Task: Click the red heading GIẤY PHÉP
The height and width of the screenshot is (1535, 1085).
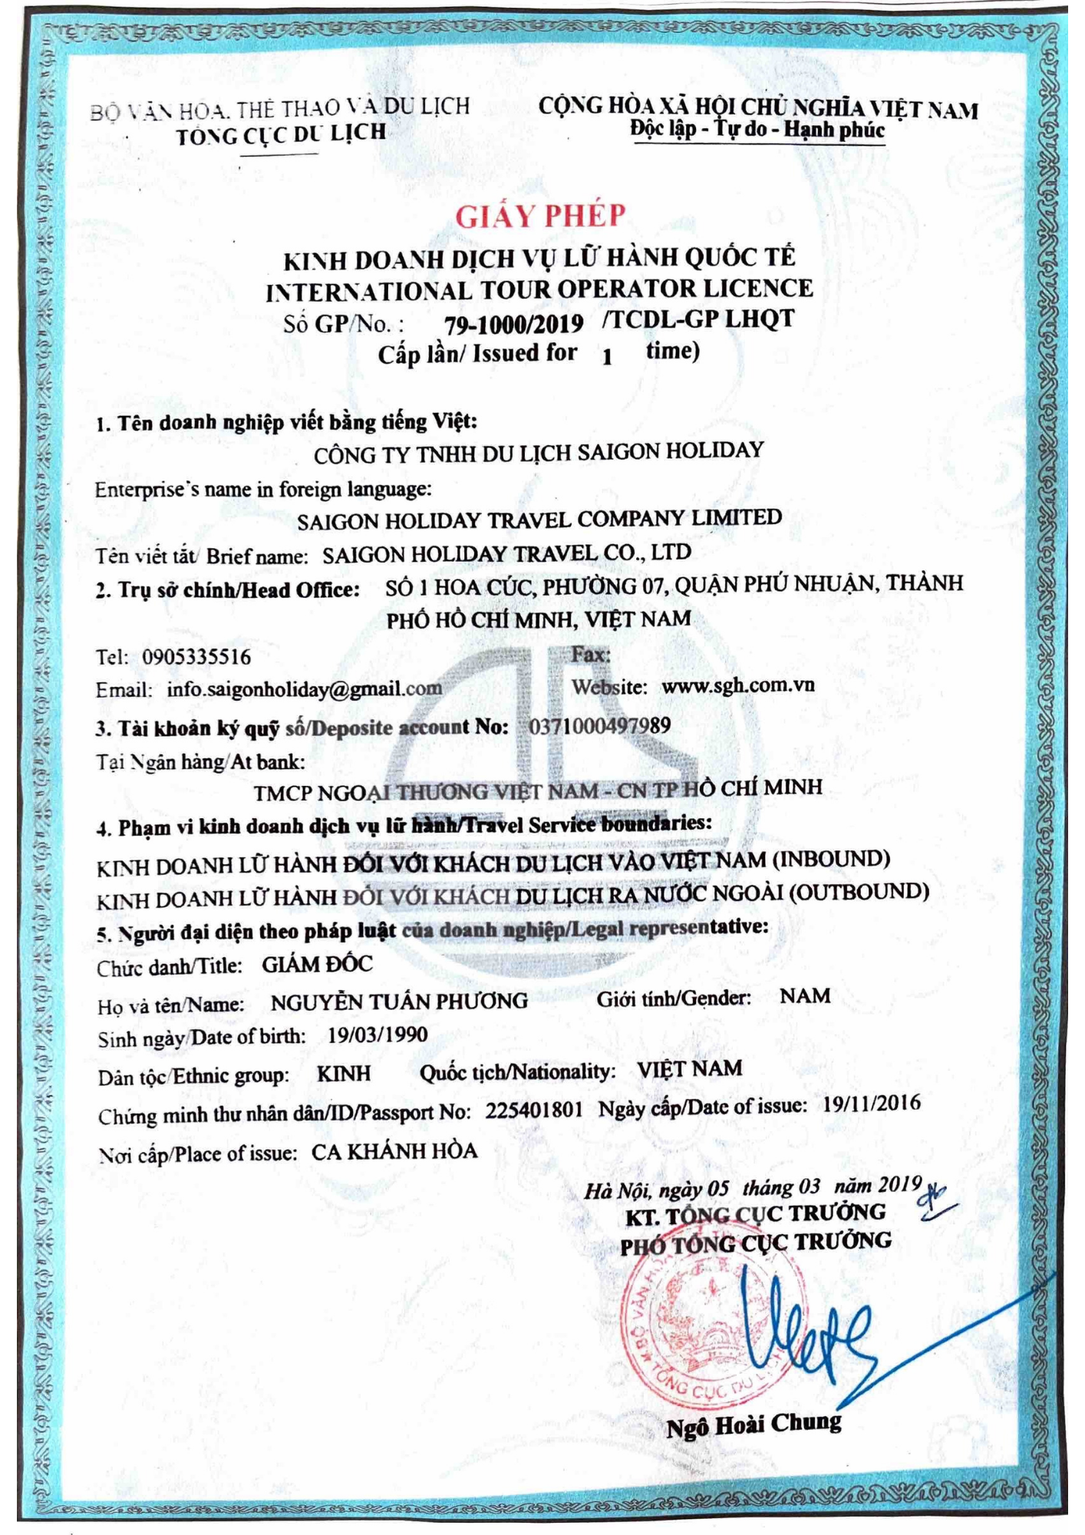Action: tap(540, 216)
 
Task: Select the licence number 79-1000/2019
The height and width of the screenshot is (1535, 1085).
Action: tap(513, 324)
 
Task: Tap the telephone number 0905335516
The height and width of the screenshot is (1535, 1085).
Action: tap(196, 657)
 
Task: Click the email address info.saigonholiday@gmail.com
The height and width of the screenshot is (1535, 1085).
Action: tap(304, 688)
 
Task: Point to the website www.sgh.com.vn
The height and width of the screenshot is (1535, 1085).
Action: tap(737, 685)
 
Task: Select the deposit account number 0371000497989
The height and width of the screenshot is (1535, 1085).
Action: tap(599, 726)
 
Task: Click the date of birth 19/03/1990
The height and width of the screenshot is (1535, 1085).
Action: tap(378, 1035)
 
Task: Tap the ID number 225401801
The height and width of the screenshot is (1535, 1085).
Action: tap(533, 1110)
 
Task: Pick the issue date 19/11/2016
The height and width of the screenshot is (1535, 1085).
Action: tap(871, 1104)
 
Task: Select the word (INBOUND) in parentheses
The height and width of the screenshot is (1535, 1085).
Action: tap(830, 858)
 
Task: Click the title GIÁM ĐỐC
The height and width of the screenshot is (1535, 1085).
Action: tap(317, 965)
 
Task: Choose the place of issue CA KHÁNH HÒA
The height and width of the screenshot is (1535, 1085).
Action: tap(394, 1151)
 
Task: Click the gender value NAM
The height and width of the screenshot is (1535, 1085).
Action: tap(805, 996)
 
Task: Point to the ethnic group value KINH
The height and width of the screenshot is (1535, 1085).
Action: tap(344, 1073)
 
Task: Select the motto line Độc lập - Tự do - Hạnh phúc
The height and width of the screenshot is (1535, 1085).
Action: tap(757, 130)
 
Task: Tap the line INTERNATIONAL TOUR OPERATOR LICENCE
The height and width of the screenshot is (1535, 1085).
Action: tap(539, 290)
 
